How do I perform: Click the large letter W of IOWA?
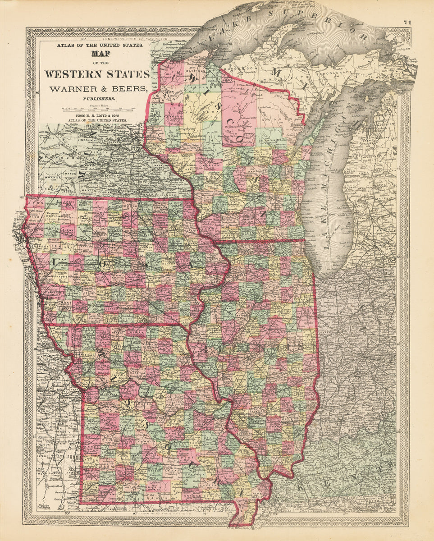pyautogui.click(x=142, y=264)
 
